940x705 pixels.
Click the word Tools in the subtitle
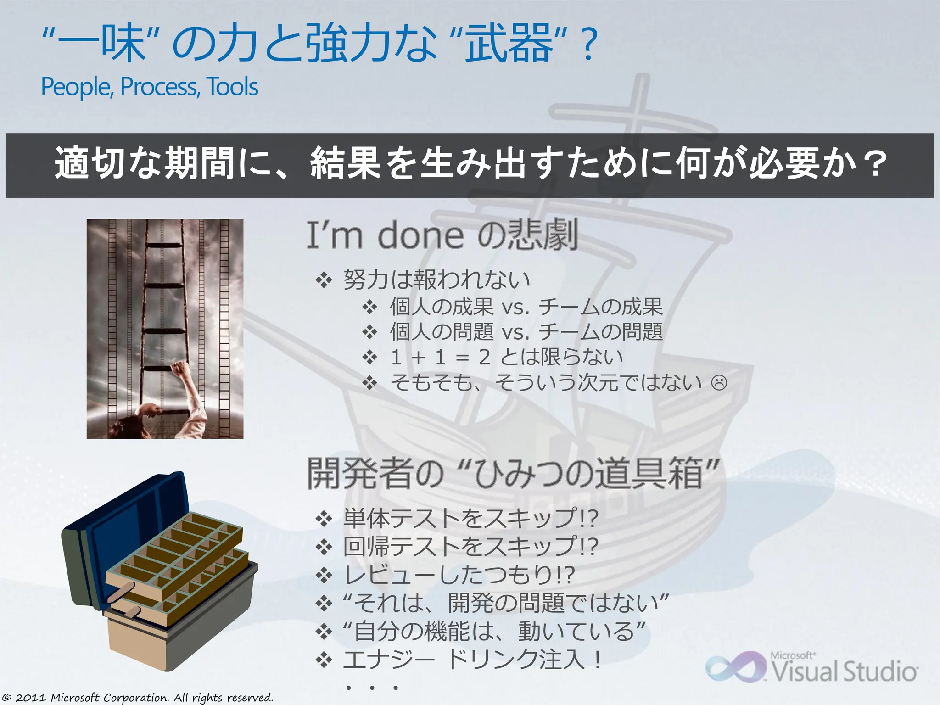click(x=232, y=87)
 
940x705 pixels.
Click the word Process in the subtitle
click(x=159, y=87)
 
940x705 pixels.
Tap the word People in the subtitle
click(x=76, y=87)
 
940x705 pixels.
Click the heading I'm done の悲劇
click(x=442, y=235)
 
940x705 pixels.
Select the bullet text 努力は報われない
click(x=436, y=280)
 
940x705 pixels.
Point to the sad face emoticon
click(x=719, y=383)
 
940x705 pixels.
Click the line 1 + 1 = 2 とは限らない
click(x=506, y=357)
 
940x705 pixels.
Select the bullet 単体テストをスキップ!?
click(x=470, y=518)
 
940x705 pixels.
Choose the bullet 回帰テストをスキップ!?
click(x=470, y=546)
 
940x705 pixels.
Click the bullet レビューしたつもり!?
click(x=459, y=575)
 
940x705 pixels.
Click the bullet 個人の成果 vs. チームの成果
click(x=526, y=307)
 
